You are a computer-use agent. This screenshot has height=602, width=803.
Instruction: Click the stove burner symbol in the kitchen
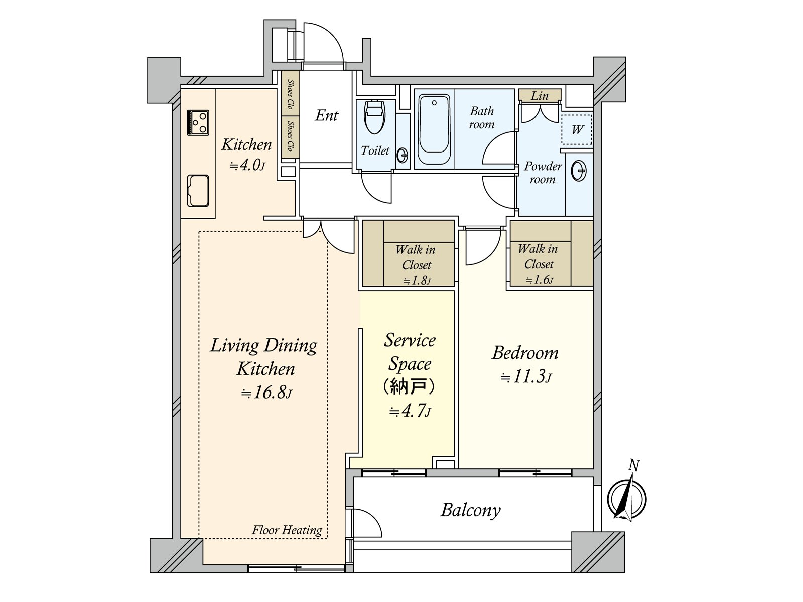198,123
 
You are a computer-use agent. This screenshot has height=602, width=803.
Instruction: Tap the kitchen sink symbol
198,191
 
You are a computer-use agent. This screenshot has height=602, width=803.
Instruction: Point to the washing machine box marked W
577,130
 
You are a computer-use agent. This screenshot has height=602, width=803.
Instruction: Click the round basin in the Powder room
579,171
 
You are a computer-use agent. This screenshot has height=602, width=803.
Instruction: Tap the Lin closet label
540,96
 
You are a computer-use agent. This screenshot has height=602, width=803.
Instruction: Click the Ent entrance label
327,116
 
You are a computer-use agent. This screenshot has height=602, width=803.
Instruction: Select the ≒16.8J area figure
266,393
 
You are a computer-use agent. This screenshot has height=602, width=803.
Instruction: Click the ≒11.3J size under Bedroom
525,377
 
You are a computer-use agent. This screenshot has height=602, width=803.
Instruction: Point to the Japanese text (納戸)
409,387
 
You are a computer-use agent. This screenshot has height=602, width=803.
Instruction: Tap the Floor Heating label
287,530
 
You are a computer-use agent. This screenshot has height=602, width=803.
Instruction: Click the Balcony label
470,510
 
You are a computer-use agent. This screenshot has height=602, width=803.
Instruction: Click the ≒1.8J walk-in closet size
417,281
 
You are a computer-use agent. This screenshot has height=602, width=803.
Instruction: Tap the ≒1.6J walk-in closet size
539,280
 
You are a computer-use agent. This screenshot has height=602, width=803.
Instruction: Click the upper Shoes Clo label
290,94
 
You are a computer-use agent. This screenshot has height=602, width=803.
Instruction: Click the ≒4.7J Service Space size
410,411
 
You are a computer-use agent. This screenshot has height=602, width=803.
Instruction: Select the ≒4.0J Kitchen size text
247,165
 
